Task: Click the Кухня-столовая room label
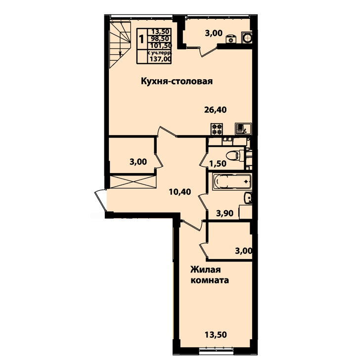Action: coord(177,81)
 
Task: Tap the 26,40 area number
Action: coord(216,110)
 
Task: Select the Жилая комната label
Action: coord(210,275)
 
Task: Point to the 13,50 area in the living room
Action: coord(216,334)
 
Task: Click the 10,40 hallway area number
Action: coord(180,192)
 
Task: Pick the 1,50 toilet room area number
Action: coord(218,164)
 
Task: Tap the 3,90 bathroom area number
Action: coord(225,213)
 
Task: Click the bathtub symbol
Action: coord(232,182)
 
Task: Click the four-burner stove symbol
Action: coord(217,129)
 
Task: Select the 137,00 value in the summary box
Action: coord(161,59)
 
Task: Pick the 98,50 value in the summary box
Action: coord(162,39)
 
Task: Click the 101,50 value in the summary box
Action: coord(161,45)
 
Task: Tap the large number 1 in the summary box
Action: coord(141,39)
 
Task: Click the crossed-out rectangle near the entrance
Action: coord(133,182)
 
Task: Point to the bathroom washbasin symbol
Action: coord(248,198)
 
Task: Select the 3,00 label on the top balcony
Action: coord(214,33)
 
